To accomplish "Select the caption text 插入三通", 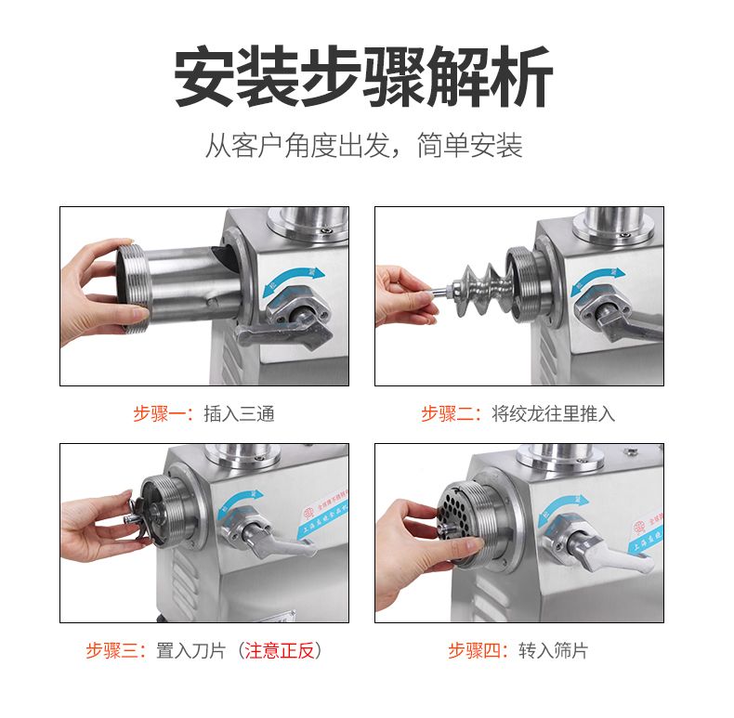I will (239, 414).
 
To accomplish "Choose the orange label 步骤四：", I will (481, 651).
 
